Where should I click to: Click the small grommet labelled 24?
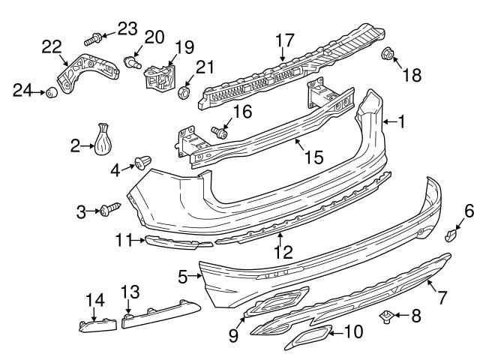pyautogui.click(x=52, y=92)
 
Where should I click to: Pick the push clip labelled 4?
pyautogui.click(x=142, y=162)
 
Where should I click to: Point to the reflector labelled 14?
pyautogui.click(x=94, y=325)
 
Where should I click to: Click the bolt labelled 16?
pyautogui.click(x=220, y=133)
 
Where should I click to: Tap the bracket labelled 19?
pyautogui.click(x=158, y=74)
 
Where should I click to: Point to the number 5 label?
pyautogui.click(x=183, y=277)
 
